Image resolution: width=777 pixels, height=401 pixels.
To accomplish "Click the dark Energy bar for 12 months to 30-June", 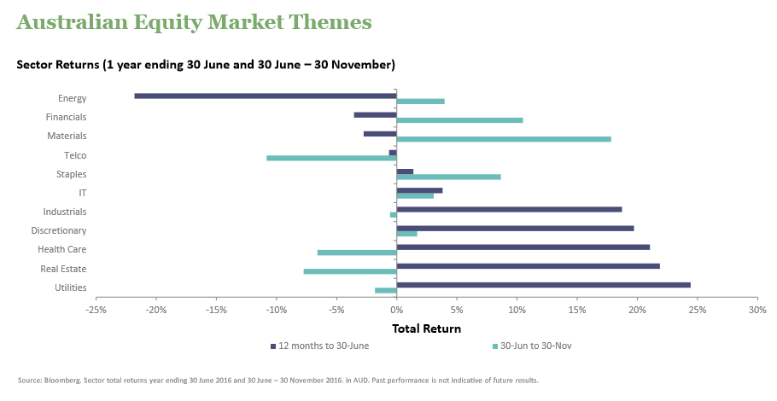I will [x=266, y=96].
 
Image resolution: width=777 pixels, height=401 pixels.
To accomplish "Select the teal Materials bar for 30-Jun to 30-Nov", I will [x=504, y=139].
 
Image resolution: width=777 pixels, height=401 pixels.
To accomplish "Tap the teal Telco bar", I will [x=331, y=158].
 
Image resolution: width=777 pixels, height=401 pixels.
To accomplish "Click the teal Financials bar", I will [x=459, y=120].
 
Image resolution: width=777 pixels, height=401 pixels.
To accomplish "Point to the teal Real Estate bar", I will [x=350, y=271].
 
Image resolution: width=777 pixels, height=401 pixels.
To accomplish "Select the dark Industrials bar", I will [x=509, y=209].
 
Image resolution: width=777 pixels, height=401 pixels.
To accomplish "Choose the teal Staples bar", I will [x=448, y=177].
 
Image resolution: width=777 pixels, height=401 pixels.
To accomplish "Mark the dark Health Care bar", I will [x=523, y=247].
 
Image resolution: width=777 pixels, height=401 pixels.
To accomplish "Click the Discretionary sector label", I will [x=59, y=230].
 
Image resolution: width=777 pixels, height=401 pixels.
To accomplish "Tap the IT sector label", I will [x=82, y=193].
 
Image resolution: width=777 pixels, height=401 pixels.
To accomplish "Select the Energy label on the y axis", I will [x=72, y=98].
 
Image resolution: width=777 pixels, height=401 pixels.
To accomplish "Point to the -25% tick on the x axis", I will [x=96, y=310].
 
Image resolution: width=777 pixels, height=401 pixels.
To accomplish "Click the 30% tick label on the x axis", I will [x=757, y=310].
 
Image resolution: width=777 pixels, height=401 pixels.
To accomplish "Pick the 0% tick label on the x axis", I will [x=397, y=310].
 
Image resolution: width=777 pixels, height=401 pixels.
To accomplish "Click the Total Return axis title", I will [x=426, y=328].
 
